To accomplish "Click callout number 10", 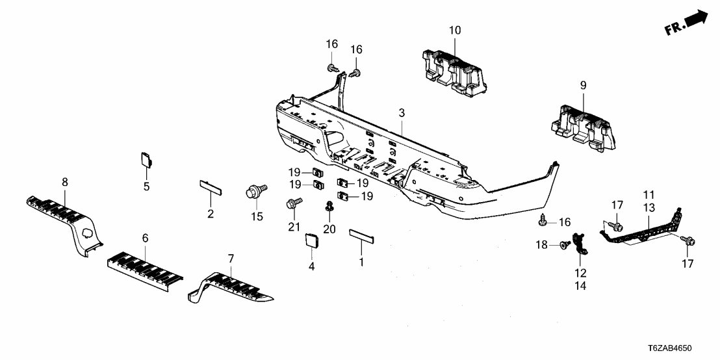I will pos(454,29).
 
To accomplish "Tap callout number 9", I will pos(583,84).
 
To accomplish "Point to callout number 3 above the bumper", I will pos(402,113).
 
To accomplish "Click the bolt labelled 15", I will pos(253,192).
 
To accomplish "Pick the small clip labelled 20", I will pos(329,207).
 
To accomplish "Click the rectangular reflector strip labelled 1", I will pos(362,235).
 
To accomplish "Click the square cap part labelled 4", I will pos(310,241).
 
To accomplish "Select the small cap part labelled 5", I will pos(147,159).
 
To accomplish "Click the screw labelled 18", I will pos(565,244).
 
